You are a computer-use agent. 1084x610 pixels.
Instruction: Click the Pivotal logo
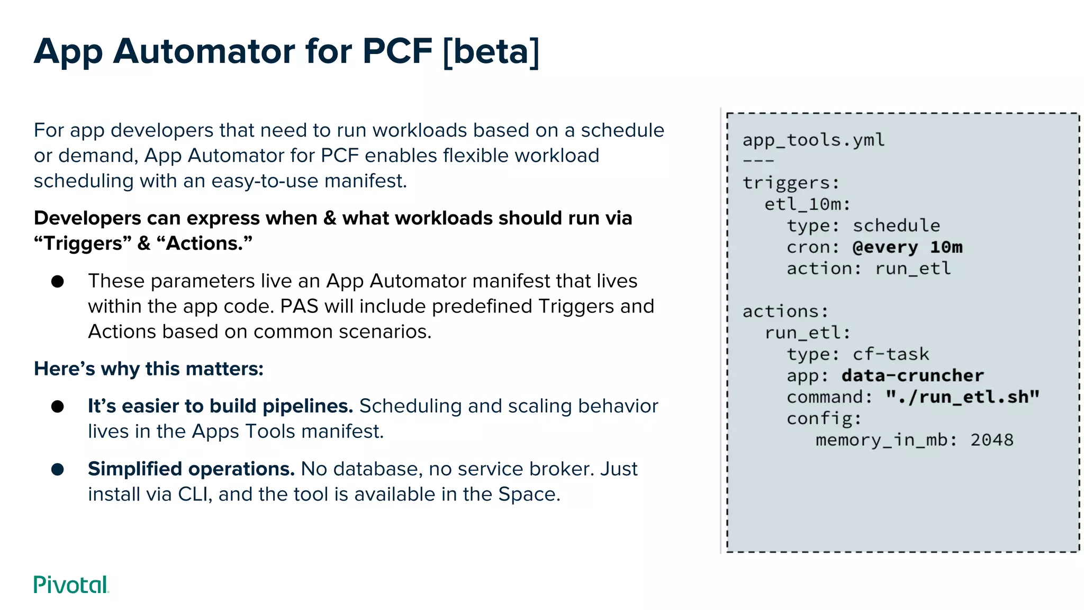pos(71,585)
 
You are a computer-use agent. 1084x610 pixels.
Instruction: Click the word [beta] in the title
pos(491,51)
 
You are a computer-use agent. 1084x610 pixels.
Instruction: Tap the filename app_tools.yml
pos(813,140)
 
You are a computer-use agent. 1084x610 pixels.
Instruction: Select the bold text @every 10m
pos(907,247)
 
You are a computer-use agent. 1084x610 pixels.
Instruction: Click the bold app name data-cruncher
pos(913,375)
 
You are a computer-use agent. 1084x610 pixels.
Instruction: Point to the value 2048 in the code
pos(991,440)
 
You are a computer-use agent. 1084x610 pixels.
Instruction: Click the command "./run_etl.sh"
pos(962,397)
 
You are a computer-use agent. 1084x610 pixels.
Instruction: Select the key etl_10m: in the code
pos(807,204)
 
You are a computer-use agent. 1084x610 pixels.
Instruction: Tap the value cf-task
pos(891,354)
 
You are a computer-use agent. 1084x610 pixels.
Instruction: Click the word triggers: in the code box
pos(791,183)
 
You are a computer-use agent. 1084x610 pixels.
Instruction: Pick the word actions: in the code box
pos(785,311)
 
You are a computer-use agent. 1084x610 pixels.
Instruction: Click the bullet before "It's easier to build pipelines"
pos(58,406)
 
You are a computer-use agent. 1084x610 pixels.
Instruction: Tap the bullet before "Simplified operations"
pos(58,469)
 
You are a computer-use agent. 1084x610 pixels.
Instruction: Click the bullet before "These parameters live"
pos(58,281)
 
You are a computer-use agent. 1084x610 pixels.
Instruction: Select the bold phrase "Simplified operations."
pos(191,469)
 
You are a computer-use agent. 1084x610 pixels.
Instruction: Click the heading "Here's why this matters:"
pos(148,369)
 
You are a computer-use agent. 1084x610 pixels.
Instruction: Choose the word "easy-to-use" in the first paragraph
pos(265,181)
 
